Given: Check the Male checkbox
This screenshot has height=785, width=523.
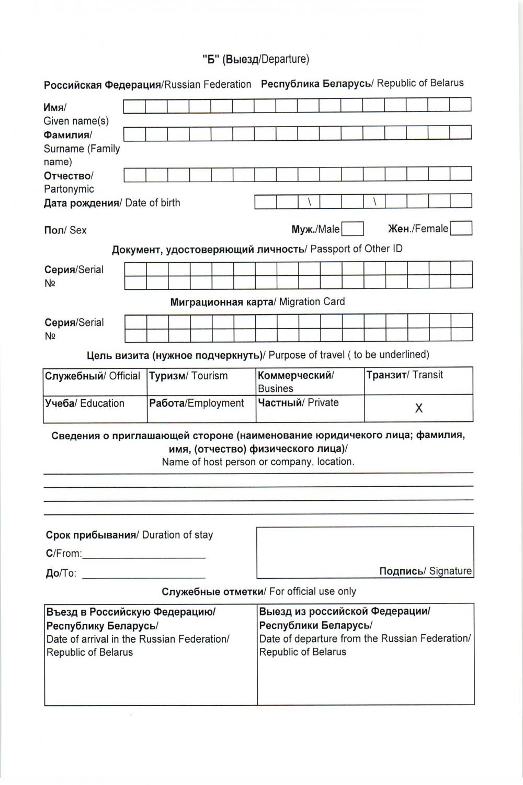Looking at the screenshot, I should (353, 229).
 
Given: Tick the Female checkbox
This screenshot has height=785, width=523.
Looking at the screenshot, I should (461, 229).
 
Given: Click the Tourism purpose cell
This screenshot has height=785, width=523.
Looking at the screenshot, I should (201, 381).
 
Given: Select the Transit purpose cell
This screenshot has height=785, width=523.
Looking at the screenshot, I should (418, 380).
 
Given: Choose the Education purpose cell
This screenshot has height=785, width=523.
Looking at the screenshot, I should (95, 409).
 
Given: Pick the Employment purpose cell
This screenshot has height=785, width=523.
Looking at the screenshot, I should (201, 409).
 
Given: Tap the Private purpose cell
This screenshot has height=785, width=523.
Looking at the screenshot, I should (310, 409).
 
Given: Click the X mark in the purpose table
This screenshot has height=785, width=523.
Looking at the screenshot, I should (418, 408).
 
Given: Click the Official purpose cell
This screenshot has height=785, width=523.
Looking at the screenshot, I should (95, 381).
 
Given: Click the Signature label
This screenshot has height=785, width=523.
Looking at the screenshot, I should (425, 571).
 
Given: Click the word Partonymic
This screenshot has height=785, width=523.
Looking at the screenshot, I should (69, 189).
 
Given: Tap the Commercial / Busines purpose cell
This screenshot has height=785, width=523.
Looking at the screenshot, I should (310, 381).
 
